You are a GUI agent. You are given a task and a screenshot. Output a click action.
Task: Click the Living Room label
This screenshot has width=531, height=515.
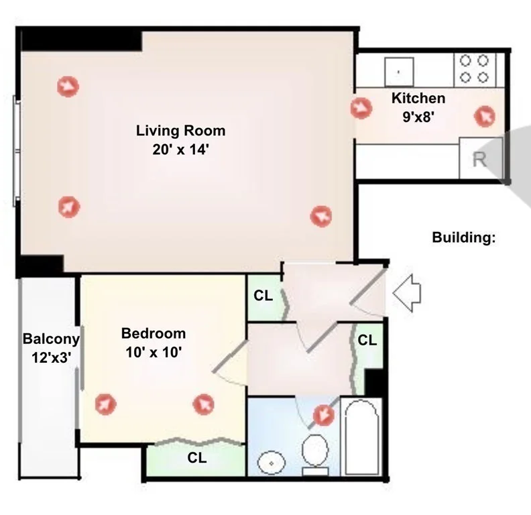180,131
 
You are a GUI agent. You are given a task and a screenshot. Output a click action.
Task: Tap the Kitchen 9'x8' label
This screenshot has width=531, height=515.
418,107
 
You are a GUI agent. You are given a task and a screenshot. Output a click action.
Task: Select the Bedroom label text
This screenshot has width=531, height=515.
154,334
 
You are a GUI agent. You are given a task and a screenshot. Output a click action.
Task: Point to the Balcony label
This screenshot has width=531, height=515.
51,339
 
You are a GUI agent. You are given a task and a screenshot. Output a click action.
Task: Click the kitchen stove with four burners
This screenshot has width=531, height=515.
475,70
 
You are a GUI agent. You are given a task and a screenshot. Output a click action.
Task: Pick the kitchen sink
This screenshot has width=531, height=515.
399,72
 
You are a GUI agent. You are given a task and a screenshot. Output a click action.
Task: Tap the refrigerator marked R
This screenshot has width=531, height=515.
480,158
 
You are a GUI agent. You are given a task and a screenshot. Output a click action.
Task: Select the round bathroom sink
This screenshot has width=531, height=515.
272,463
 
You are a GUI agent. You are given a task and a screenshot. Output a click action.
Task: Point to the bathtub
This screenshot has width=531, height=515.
361,437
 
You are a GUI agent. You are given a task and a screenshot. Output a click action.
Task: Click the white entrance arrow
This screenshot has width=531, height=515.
407,293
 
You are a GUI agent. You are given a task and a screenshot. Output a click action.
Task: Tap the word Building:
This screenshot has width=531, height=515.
463,237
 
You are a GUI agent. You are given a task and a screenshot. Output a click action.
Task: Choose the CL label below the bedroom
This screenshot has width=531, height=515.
197,458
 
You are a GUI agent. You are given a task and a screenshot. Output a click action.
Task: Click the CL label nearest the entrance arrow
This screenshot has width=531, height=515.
367,340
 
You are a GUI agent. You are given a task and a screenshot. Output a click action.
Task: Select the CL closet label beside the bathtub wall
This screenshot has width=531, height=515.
367,340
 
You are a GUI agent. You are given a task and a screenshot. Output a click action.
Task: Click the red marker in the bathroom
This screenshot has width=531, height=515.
324,415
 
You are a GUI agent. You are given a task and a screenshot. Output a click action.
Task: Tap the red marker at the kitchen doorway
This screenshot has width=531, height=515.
361,108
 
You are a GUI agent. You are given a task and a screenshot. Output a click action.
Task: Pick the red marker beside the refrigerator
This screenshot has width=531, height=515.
484,116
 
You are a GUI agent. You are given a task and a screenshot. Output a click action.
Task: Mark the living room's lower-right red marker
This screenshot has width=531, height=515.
321,216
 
